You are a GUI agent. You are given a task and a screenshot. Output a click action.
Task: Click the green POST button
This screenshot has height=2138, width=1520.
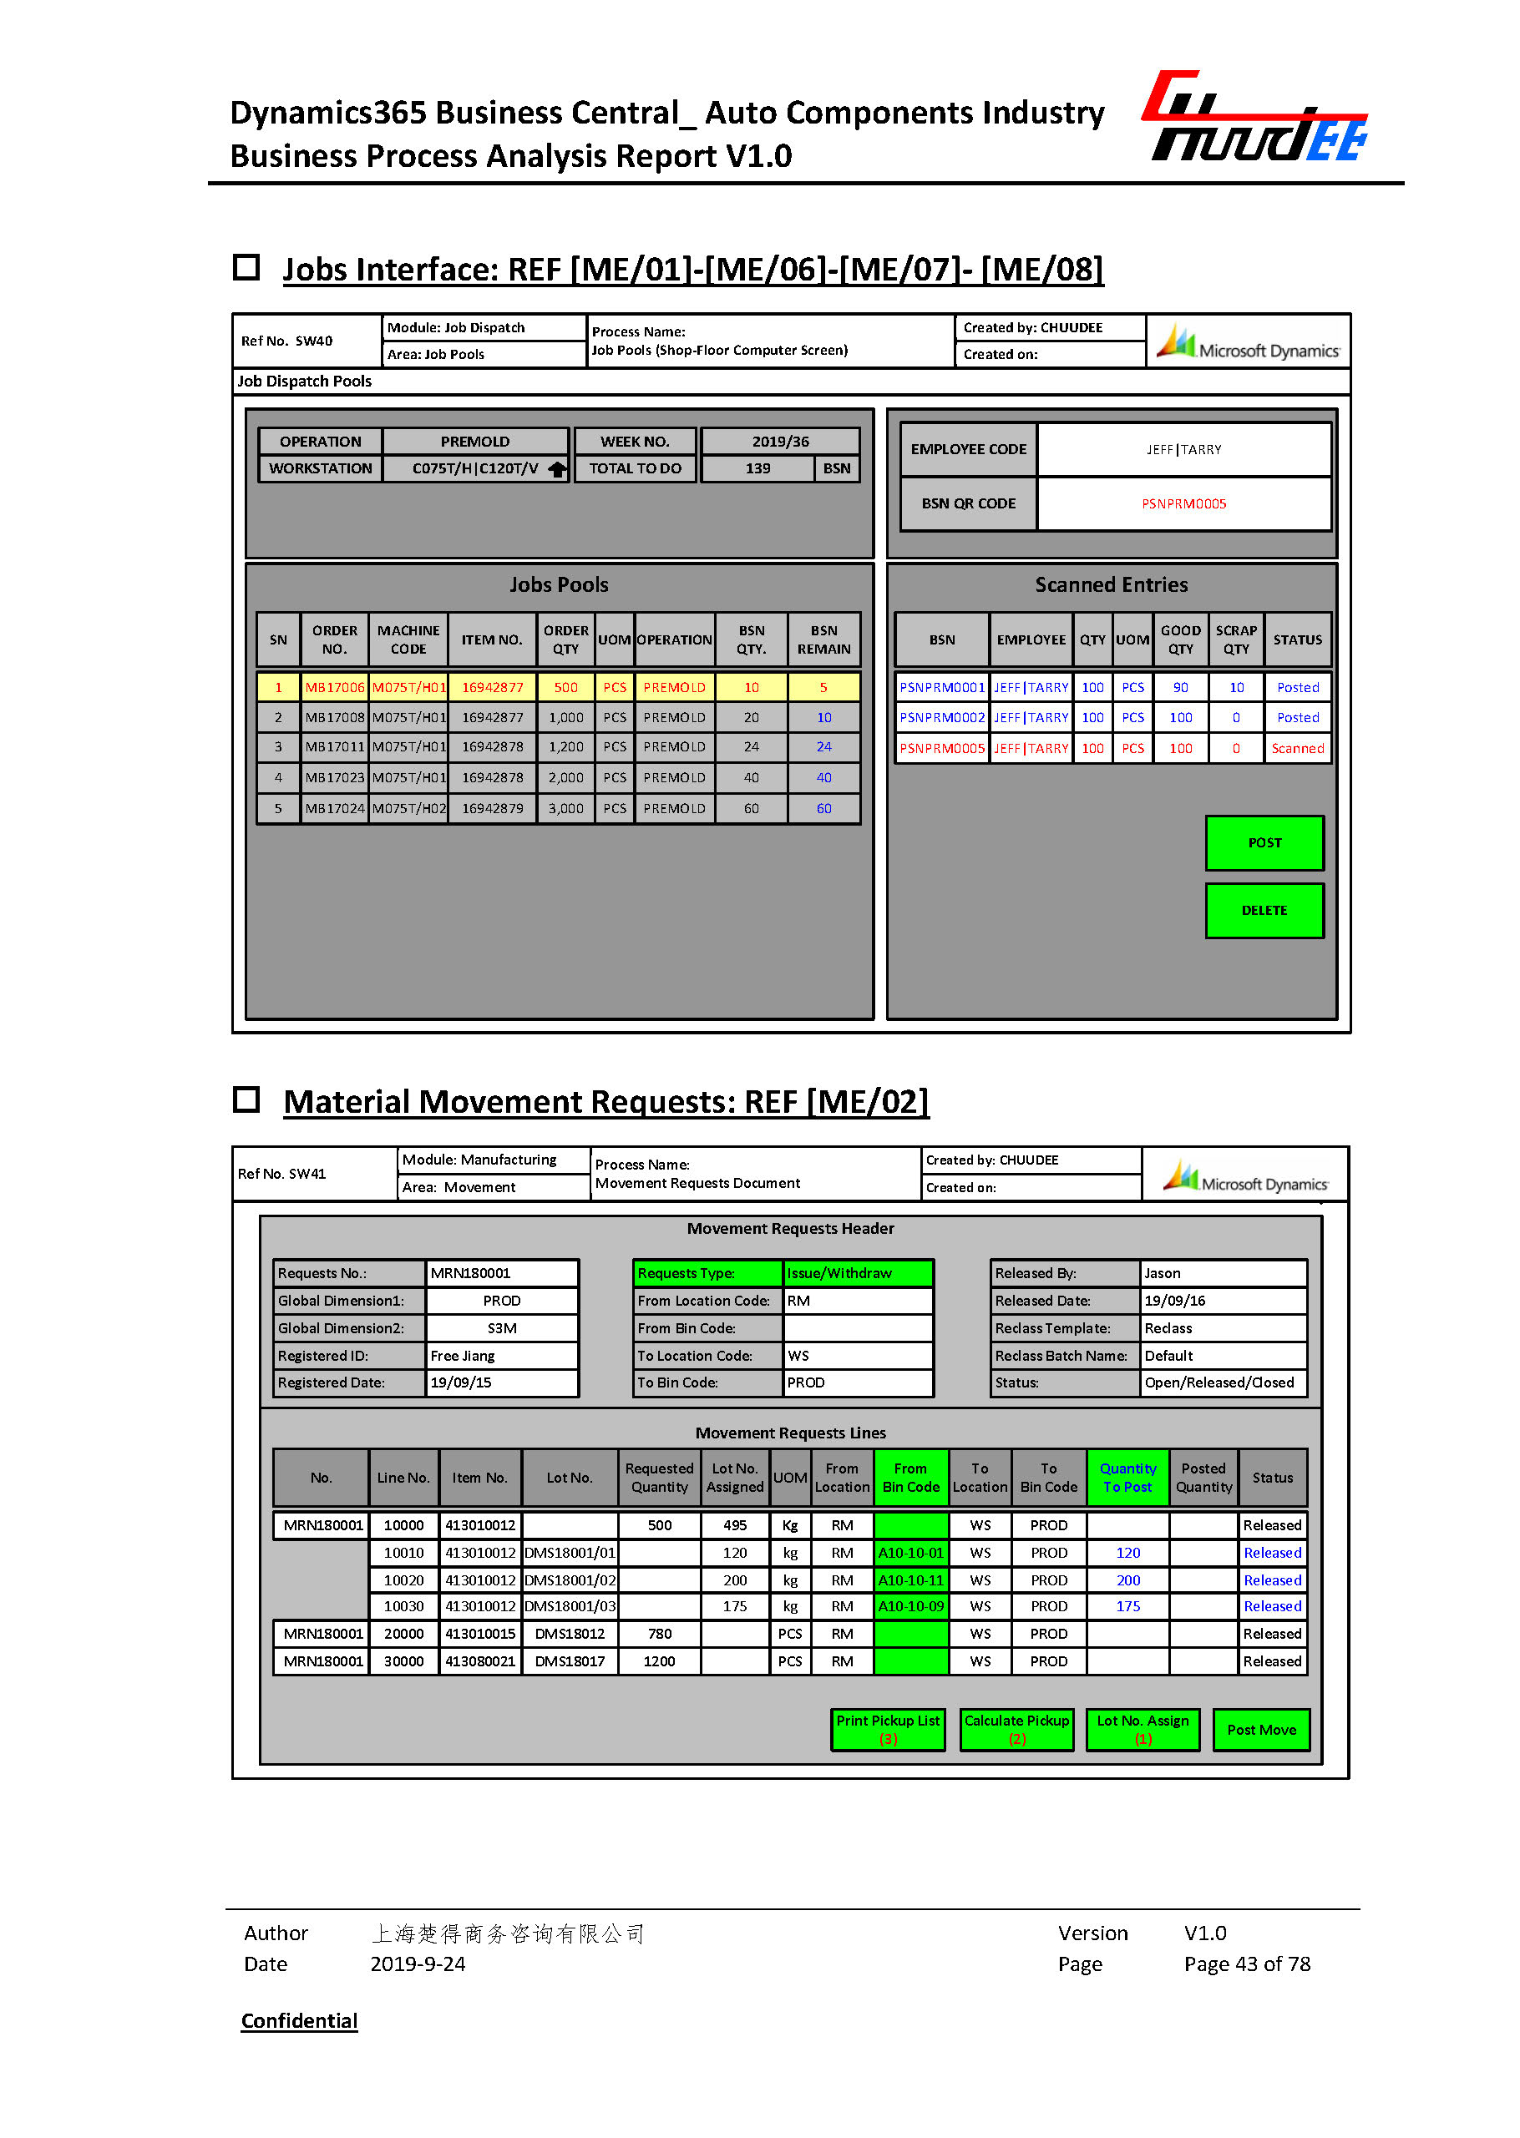tap(1264, 842)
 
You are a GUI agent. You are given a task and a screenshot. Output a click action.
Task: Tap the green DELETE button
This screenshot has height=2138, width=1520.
tap(1264, 909)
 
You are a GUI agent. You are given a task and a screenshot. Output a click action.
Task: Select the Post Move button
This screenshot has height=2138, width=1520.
tap(1261, 1729)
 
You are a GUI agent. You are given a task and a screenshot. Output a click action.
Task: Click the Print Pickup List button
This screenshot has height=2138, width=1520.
tap(887, 1729)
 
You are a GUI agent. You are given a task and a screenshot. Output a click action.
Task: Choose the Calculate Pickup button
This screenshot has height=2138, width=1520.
tap(1016, 1729)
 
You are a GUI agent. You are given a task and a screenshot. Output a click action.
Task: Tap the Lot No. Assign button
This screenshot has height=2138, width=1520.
tap(1142, 1729)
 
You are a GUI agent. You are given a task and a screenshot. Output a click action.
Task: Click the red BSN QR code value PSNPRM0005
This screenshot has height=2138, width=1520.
tap(1183, 503)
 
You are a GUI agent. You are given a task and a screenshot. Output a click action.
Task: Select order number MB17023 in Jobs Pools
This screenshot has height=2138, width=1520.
tap(334, 777)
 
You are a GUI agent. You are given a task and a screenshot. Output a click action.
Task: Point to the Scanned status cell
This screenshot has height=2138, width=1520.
tap(1297, 749)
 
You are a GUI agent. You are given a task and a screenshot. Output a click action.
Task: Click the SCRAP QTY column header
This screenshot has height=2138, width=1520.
tap(1235, 639)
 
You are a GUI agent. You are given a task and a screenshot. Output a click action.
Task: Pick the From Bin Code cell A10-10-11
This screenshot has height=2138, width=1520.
tap(910, 1580)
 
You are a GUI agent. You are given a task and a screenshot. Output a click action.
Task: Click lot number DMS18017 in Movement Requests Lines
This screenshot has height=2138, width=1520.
tap(569, 1660)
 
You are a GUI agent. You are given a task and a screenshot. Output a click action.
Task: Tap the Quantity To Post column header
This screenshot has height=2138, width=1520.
tap(1127, 1478)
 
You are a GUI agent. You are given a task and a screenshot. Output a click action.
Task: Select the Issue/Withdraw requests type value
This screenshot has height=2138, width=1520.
tap(856, 1272)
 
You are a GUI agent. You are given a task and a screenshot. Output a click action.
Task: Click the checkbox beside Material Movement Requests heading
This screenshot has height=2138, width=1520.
tap(246, 1099)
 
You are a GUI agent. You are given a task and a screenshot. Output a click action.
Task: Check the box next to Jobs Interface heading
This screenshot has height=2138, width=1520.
tap(246, 268)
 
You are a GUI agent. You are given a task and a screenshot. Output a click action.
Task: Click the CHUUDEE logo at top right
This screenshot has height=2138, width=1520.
tap(1254, 117)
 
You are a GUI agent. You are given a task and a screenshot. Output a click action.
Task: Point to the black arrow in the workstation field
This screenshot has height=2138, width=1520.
tap(557, 469)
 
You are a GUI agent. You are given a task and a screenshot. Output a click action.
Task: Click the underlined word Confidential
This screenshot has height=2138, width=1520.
tap(300, 2020)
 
